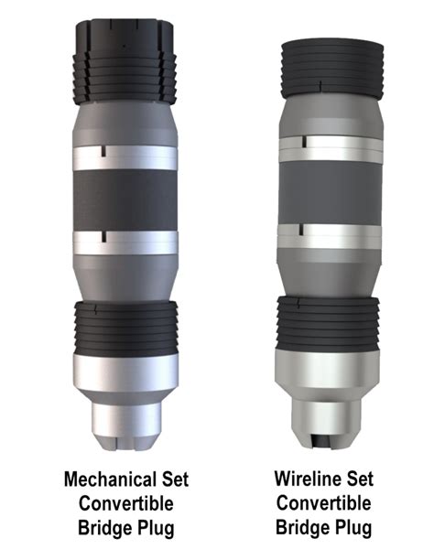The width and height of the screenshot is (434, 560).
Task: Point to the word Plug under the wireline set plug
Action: point(351,528)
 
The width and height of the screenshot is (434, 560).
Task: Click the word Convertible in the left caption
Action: point(125,502)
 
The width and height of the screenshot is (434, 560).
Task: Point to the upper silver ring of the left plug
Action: point(125,156)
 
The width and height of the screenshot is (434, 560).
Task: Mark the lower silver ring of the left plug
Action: point(125,242)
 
